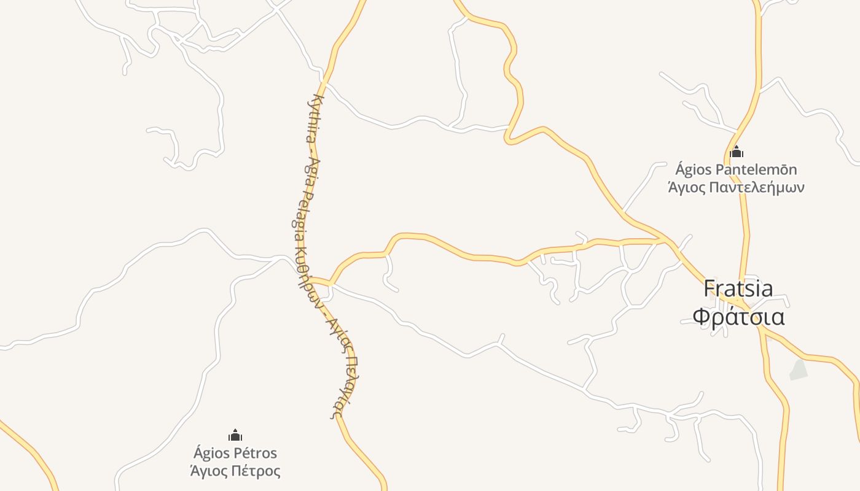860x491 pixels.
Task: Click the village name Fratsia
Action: [738, 288]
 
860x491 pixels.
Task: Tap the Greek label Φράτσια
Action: [738, 317]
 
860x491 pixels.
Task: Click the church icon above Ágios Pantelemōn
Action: [737, 152]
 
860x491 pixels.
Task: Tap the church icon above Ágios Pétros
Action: [235, 435]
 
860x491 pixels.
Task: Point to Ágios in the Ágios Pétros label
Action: [211, 454]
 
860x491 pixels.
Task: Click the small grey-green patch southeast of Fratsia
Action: [798, 369]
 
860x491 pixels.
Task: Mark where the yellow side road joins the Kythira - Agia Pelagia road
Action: [330, 283]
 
